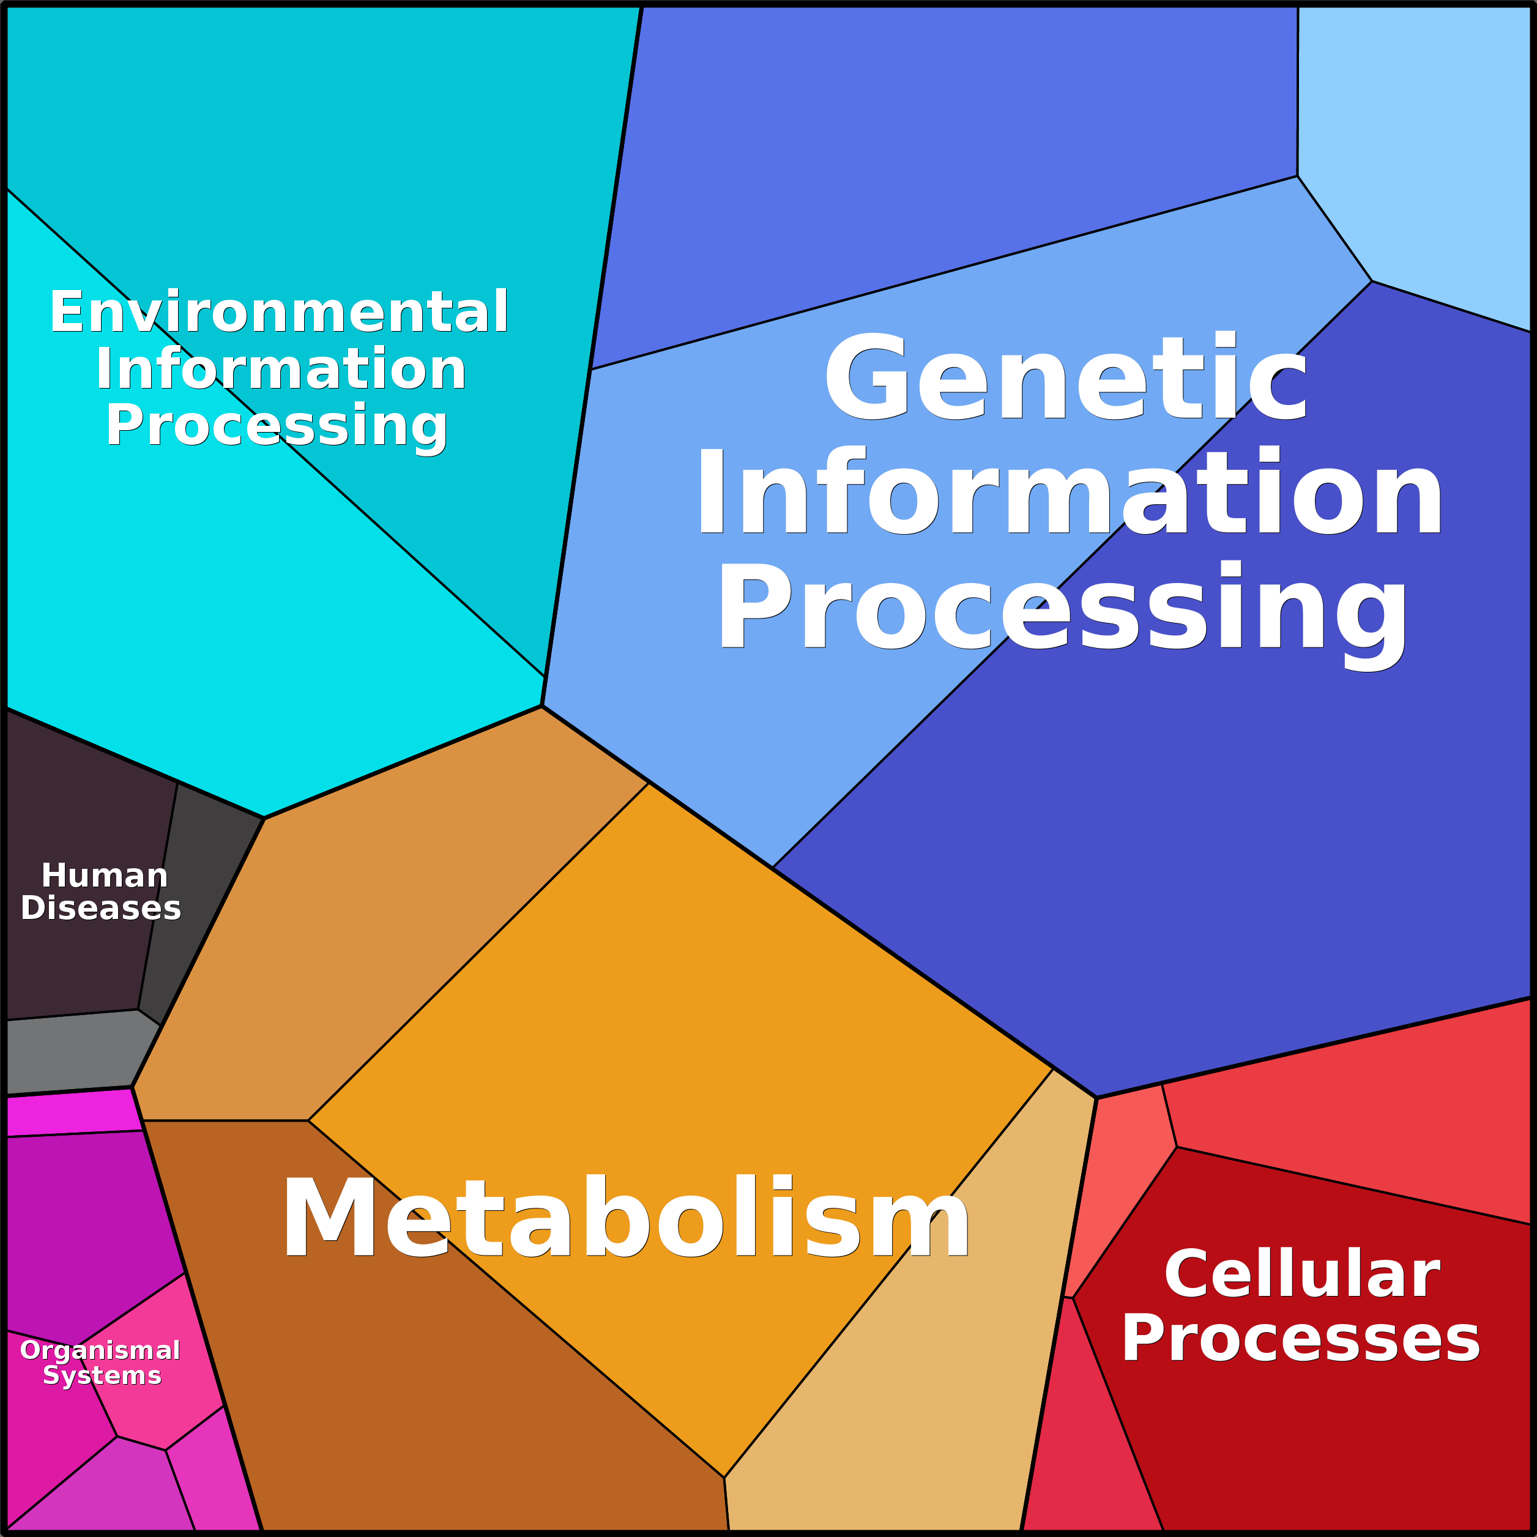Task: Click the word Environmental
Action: pos(279,312)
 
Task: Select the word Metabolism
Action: pos(626,1218)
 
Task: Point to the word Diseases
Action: pos(101,908)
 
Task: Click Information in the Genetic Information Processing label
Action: pos(1069,493)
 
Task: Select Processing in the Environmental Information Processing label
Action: pos(277,426)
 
